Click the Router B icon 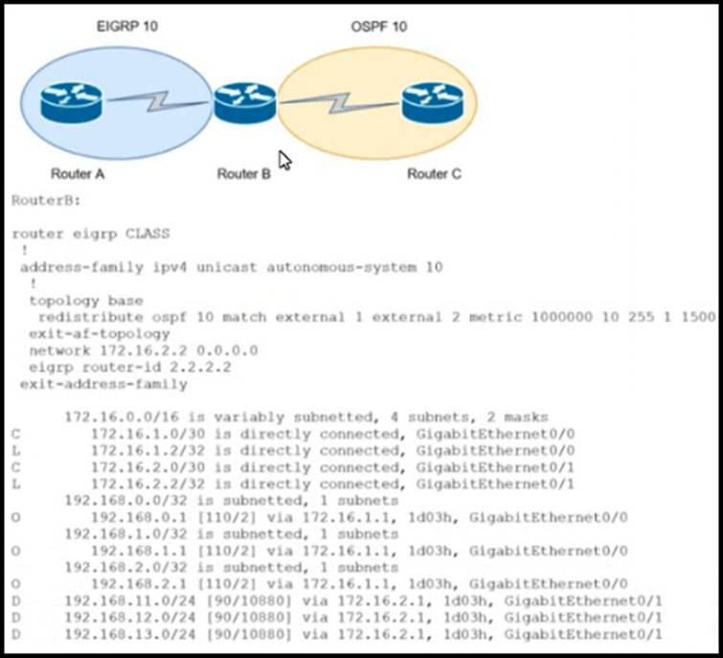244,102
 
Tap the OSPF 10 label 378,27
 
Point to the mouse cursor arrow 283,160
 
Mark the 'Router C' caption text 434,174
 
